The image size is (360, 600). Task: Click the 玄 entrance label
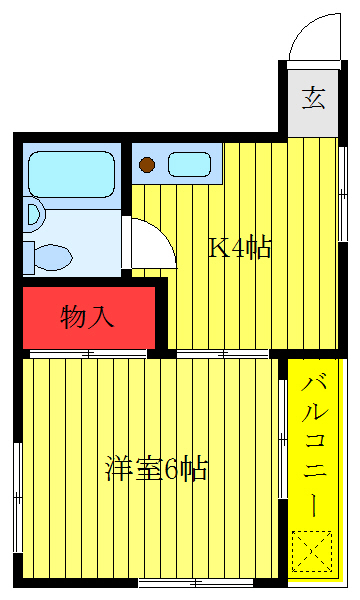pos(314,98)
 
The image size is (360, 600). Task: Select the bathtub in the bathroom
pos(69,172)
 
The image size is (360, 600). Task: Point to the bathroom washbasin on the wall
pos(33,212)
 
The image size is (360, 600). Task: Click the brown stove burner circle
pos(147,165)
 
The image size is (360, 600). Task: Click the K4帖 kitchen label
pos(239,248)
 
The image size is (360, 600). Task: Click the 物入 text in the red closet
pos(88,317)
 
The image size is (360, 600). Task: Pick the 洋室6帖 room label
pos(155,468)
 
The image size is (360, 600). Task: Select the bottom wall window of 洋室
pos(189,582)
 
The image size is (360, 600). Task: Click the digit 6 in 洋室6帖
pos(171,468)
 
